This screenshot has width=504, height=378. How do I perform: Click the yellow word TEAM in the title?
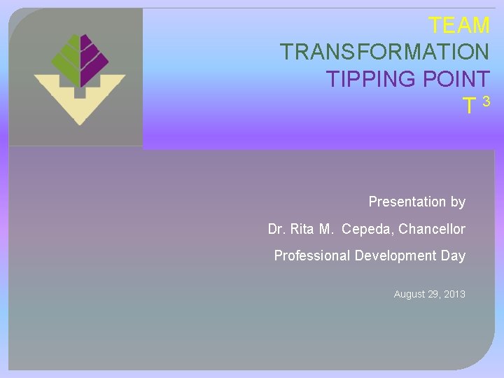(x=459, y=25)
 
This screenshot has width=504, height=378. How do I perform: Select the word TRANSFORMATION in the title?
(x=384, y=52)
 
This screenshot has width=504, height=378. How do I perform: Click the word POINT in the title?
(x=455, y=79)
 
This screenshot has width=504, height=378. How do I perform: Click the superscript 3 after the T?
(x=486, y=102)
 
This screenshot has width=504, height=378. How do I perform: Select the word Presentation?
(x=407, y=202)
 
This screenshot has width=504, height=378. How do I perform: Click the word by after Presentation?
(x=458, y=202)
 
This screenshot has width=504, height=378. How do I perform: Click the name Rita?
(x=302, y=230)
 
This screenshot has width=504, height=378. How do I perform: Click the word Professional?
(x=311, y=256)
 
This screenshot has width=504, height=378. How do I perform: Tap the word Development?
(x=396, y=256)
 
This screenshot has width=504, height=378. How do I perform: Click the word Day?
(x=453, y=256)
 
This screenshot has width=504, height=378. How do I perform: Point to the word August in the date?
(x=409, y=295)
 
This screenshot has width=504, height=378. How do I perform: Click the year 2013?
(x=454, y=295)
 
